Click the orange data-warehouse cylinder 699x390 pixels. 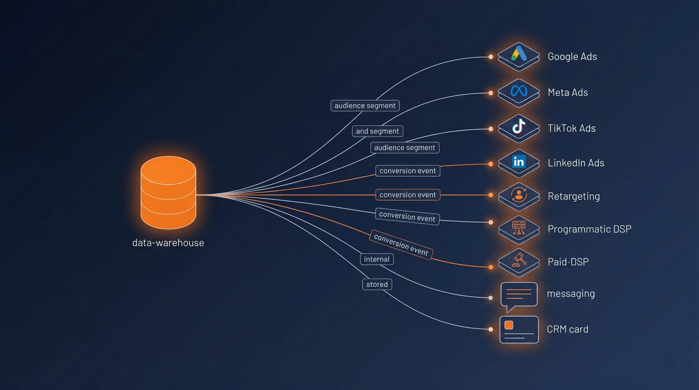point(168,193)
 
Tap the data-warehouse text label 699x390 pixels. point(168,243)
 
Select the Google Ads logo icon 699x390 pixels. point(519,53)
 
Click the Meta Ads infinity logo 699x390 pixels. point(519,91)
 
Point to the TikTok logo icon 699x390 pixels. point(519,126)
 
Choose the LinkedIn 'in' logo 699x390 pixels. point(519,161)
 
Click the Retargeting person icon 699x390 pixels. point(519,195)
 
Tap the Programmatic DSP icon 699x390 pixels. point(519,228)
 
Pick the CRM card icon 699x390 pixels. point(519,330)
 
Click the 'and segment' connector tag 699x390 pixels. point(377,131)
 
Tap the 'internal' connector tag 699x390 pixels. point(377,259)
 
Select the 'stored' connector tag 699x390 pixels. point(377,284)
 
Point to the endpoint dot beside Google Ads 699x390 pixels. point(491,57)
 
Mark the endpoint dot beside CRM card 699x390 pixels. point(491,329)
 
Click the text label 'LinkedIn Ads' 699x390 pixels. point(576,163)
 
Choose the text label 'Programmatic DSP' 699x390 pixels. point(590,229)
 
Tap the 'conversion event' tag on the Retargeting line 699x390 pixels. point(408,195)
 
